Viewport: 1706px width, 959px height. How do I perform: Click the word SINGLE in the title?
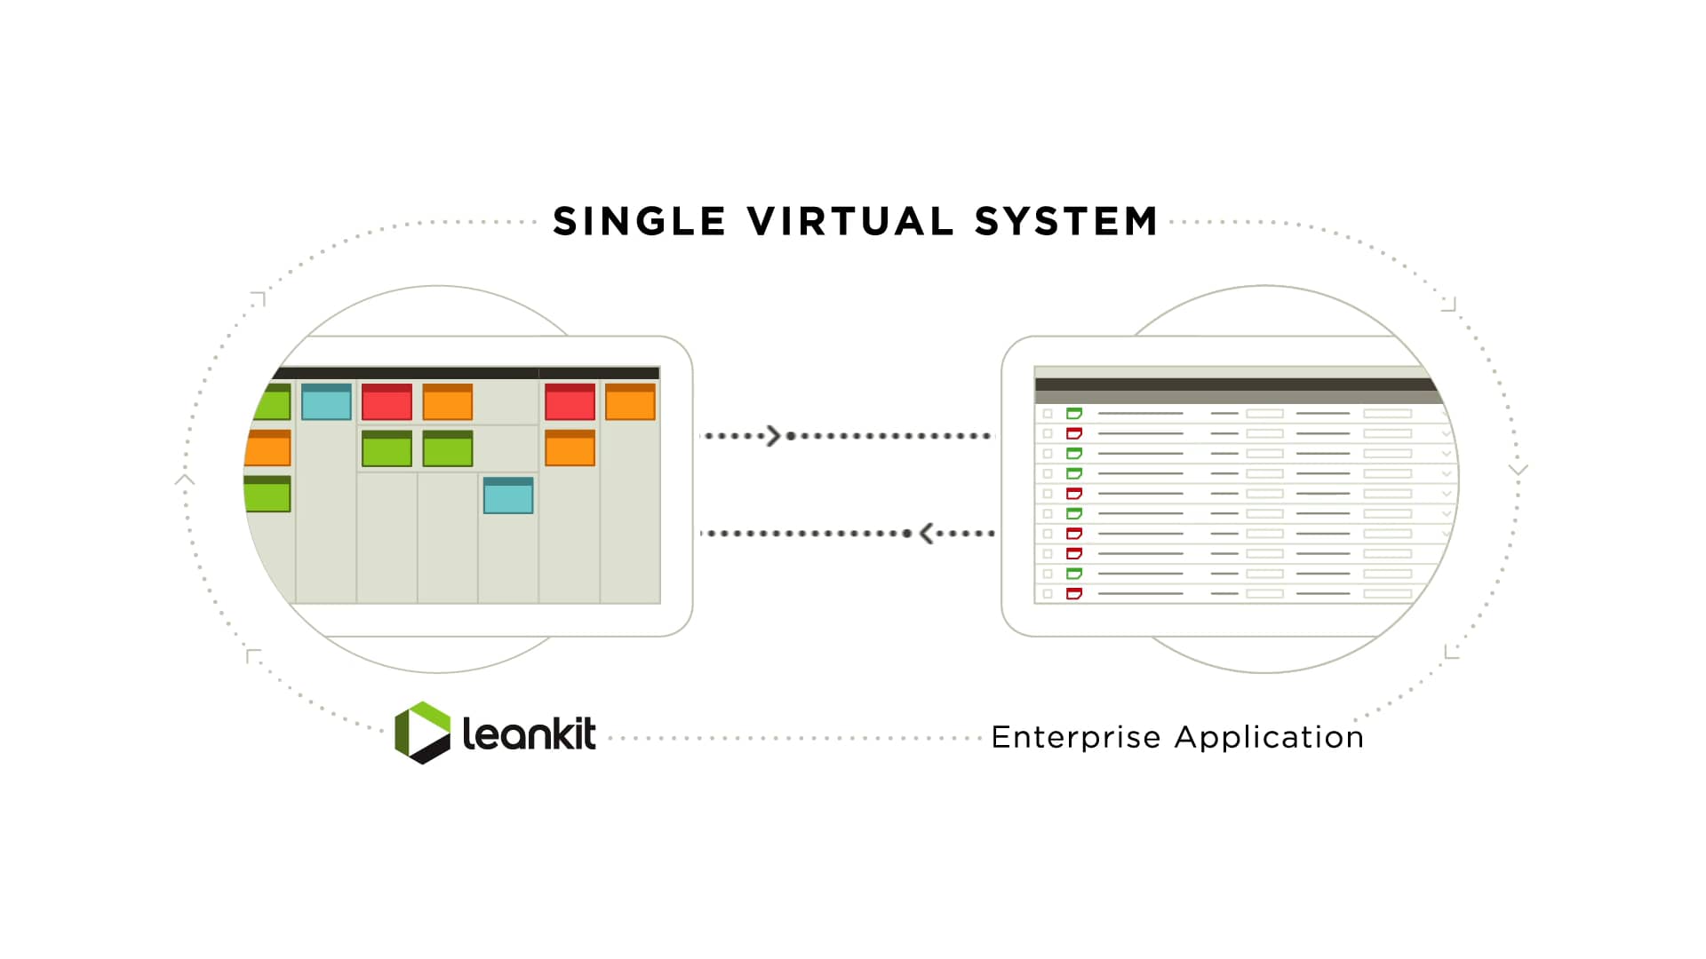(x=639, y=221)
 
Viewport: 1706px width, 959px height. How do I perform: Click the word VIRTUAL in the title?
(x=850, y=221)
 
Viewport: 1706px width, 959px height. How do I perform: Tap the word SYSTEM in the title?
(x=1066, y=221)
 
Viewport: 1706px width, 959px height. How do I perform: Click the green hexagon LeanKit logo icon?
(x=422, y=733)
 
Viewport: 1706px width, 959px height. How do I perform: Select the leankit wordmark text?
(x=529, y=734)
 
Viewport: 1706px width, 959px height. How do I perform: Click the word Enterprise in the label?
(x=1076, y=737)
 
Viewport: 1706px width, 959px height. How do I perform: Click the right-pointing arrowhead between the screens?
(x=773, y=436)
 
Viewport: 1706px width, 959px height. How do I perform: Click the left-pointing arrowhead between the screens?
(x=927, y=533)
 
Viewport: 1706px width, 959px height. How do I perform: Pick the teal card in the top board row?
(x=326, y=402)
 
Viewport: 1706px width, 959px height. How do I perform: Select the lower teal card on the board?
(x=508, y=495)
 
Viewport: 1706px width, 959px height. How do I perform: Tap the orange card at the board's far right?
(x=630, y=401)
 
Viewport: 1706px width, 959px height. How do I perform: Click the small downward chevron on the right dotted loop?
(x=1518, y=469)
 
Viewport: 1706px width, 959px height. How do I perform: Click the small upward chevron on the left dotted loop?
(x=185, y=480)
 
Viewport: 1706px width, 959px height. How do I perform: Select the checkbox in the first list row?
(x=1048, y=414)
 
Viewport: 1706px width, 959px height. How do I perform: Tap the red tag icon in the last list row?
(x=1073, y=593)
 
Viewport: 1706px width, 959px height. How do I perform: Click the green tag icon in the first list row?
(x=1073, y=414)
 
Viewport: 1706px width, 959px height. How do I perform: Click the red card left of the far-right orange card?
(x=570, y=401)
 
